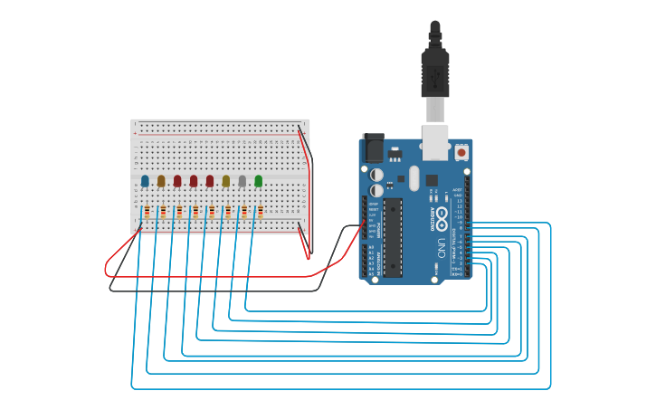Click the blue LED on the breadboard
click(145, 181)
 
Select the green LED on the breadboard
click(259, 181)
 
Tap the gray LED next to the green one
click(242, 181)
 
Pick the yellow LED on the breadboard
click(226, 181)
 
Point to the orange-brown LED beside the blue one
click(161, 181)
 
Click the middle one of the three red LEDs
click(194, 181)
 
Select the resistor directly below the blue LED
click(147, 212)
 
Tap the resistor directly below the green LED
click(261, 212)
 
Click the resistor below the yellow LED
click(228, 212)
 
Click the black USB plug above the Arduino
click(435, 72)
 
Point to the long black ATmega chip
click(393, 237)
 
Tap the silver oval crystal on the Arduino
click(414, 177)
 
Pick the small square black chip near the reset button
click(432, 180)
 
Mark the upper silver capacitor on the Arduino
click(376, 175)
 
